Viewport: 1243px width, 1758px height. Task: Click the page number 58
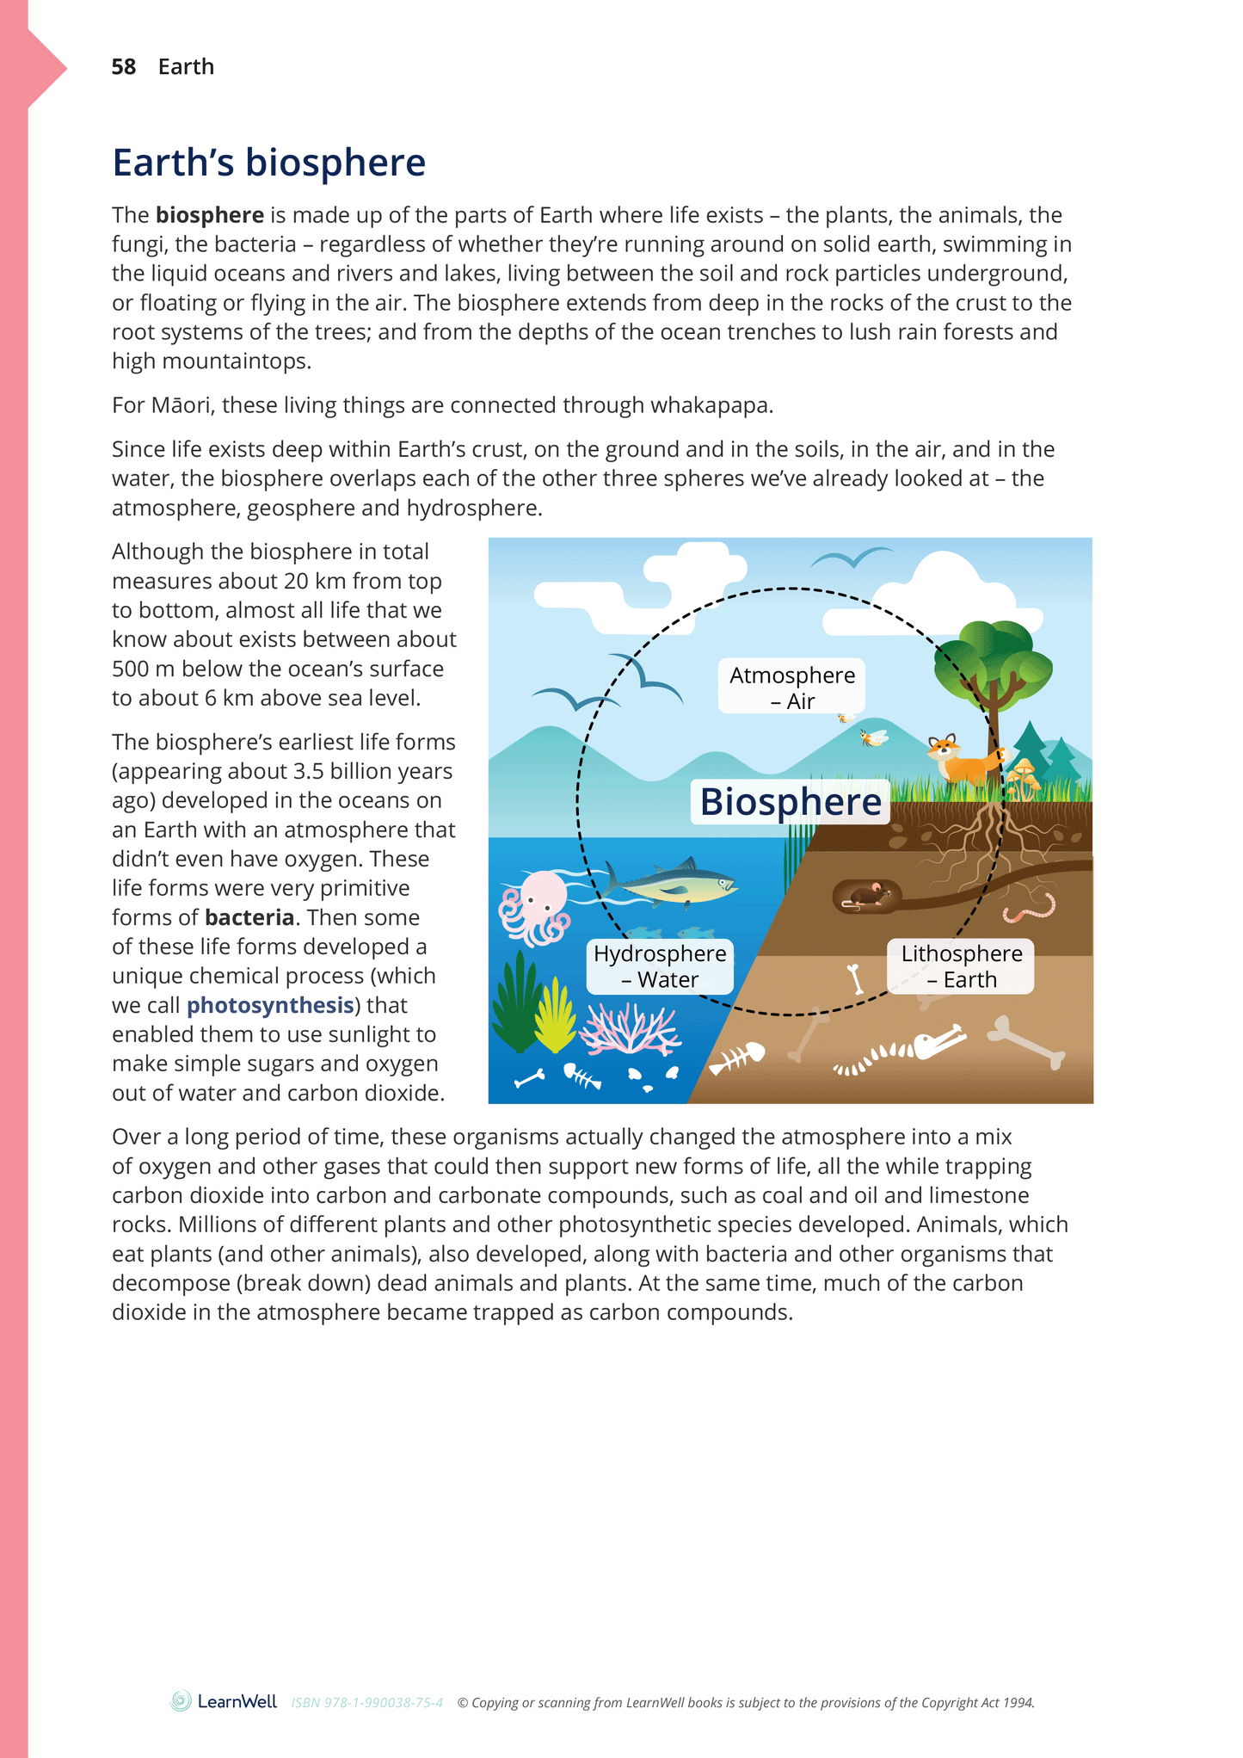click(123, 67)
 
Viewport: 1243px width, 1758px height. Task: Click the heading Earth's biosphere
click(268, 163)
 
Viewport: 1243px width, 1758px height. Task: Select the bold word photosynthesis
click(270, 1005)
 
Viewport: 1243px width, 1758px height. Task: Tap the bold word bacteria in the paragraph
click(249, 917)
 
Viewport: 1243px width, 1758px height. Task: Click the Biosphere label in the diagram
click(791, 802)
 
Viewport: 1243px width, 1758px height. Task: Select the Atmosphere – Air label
click(791, 688)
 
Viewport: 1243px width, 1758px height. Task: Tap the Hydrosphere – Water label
click(660, 966)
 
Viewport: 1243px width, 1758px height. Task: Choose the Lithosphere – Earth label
click(961, 966)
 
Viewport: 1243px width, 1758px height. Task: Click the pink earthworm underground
click(1030, 907)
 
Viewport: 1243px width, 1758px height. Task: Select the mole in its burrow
click(869, 897)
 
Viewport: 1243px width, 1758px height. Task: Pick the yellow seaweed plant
click(555, 1018)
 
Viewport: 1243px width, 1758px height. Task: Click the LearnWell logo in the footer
click(224, 1701)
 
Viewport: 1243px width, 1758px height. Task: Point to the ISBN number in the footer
click(367, 1703)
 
